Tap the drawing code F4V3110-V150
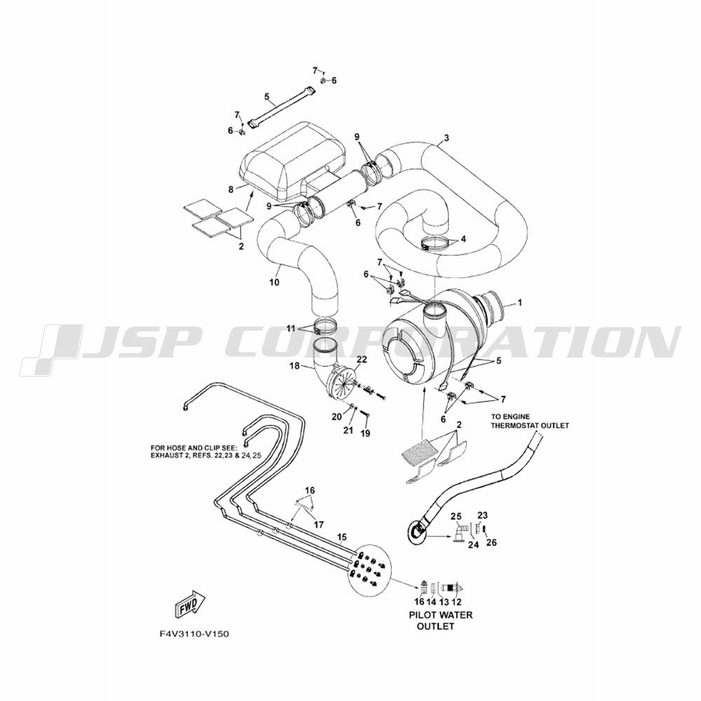pos(193,634)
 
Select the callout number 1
pos(519,303)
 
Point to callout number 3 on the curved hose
pos(446,137)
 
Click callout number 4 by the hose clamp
pos(463,239)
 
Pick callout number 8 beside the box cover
pos(231,189)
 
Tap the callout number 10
pos(274,282)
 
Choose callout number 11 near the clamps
pos(291,329)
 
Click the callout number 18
pos(294,366)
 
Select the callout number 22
pos(362,359)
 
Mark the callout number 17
pos(319,524)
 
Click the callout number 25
pos(456,517)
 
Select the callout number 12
pos(456,602)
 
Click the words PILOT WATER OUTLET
pos(440,620)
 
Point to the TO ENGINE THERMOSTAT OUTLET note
pos(530,421)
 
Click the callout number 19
pos(365,433)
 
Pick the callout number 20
pos(336,416)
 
